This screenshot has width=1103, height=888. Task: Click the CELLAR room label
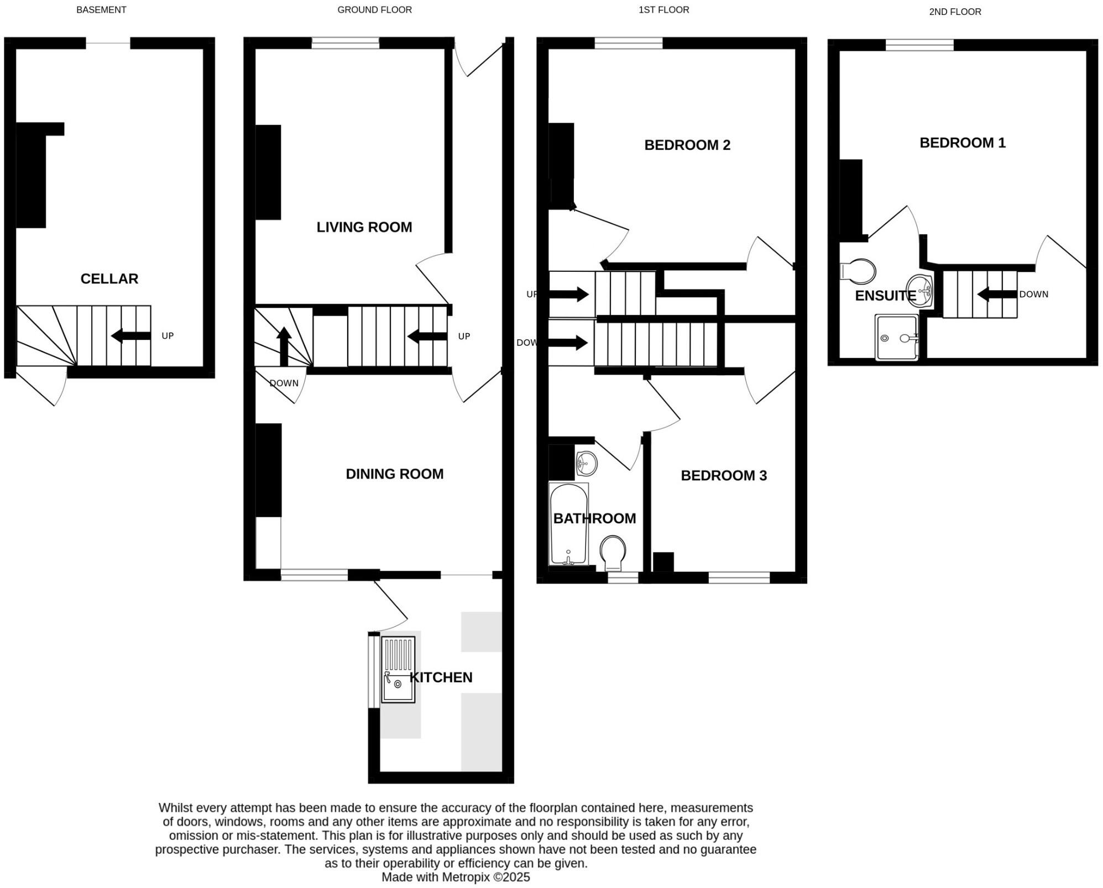(109, 279)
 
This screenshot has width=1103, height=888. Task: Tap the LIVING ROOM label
(364, 227)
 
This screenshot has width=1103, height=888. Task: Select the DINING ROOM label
(394, 474)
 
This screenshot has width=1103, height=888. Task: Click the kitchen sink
(398, 670)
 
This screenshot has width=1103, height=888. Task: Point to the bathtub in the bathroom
(568, 524)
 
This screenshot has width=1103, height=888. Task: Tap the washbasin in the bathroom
(586, 463)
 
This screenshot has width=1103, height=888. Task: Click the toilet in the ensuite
(858, 271)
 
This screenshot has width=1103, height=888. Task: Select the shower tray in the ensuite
(896, 337)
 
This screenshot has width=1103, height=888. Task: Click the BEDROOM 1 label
(962, 143)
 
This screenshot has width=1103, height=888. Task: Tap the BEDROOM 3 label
(723, 475)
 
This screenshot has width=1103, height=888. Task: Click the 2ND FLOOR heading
(955, 12)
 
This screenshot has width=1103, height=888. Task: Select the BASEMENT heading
(101, 9)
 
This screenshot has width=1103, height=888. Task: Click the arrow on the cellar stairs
(130, 335)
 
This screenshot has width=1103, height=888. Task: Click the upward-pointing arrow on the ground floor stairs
(284, 346)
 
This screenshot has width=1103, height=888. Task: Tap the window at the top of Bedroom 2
(628, 43)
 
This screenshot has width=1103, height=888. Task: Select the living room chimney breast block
(268, 172)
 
